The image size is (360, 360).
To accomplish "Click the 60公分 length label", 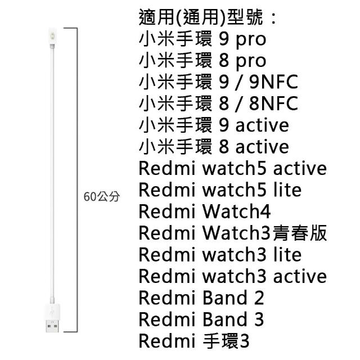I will (101, 197).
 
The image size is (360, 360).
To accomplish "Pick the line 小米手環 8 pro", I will (202, 60).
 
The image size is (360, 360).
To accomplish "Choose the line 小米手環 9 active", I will (213, 125).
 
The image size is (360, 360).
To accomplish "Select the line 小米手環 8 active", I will (213, 146).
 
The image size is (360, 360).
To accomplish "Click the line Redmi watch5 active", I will (232, 168).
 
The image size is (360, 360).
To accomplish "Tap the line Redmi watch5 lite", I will (220, 190).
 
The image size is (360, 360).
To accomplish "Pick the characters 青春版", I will (307, 233).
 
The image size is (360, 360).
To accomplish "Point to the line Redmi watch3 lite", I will (220, 254).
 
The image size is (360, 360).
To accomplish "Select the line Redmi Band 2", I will (201, 298).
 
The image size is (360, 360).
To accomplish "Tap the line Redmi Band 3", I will (201, 319).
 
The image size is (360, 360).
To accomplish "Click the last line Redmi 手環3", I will (193, 341).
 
